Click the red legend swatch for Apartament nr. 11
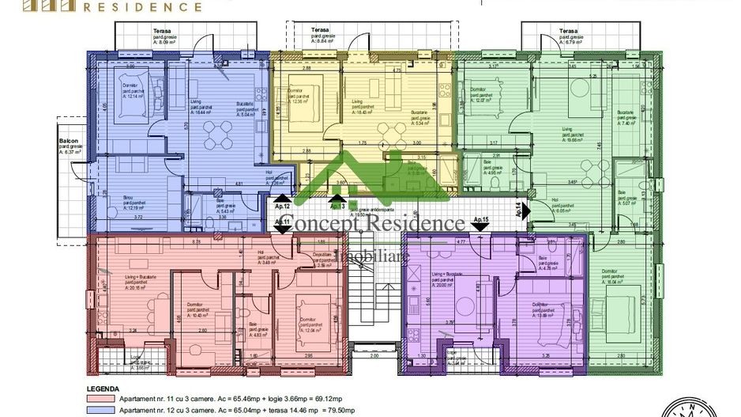click(98, 401)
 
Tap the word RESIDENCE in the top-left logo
click(148, 7)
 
